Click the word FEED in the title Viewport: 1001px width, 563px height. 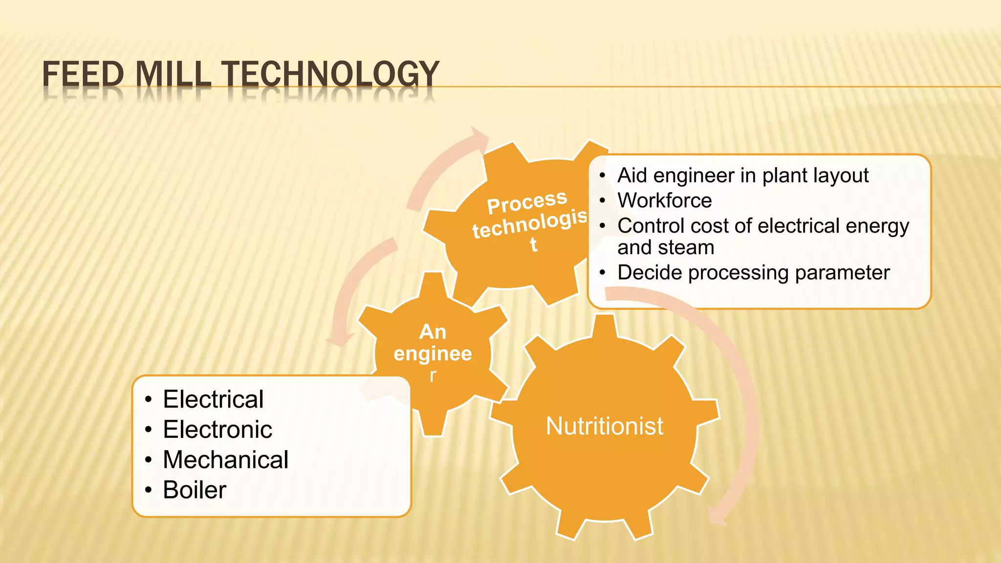pos(83,74)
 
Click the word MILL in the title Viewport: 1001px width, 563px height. pos(173,74)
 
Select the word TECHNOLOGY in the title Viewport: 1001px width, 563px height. pos(331,74)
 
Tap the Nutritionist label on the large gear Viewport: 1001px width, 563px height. pos(605,426)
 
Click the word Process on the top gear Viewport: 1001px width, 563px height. pos(527,202)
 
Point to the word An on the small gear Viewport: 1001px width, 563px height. pos(433,332)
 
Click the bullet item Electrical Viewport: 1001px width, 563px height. pos(213,399)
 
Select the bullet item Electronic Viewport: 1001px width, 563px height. pos(218,430)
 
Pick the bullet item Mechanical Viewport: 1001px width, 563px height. pos(225,460)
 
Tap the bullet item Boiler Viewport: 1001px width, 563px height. pos(195,490)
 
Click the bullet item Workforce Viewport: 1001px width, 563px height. pos(665,200)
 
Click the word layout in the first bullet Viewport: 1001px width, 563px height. pos(841,175)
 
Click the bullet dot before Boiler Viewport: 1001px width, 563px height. pos(149,490)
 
